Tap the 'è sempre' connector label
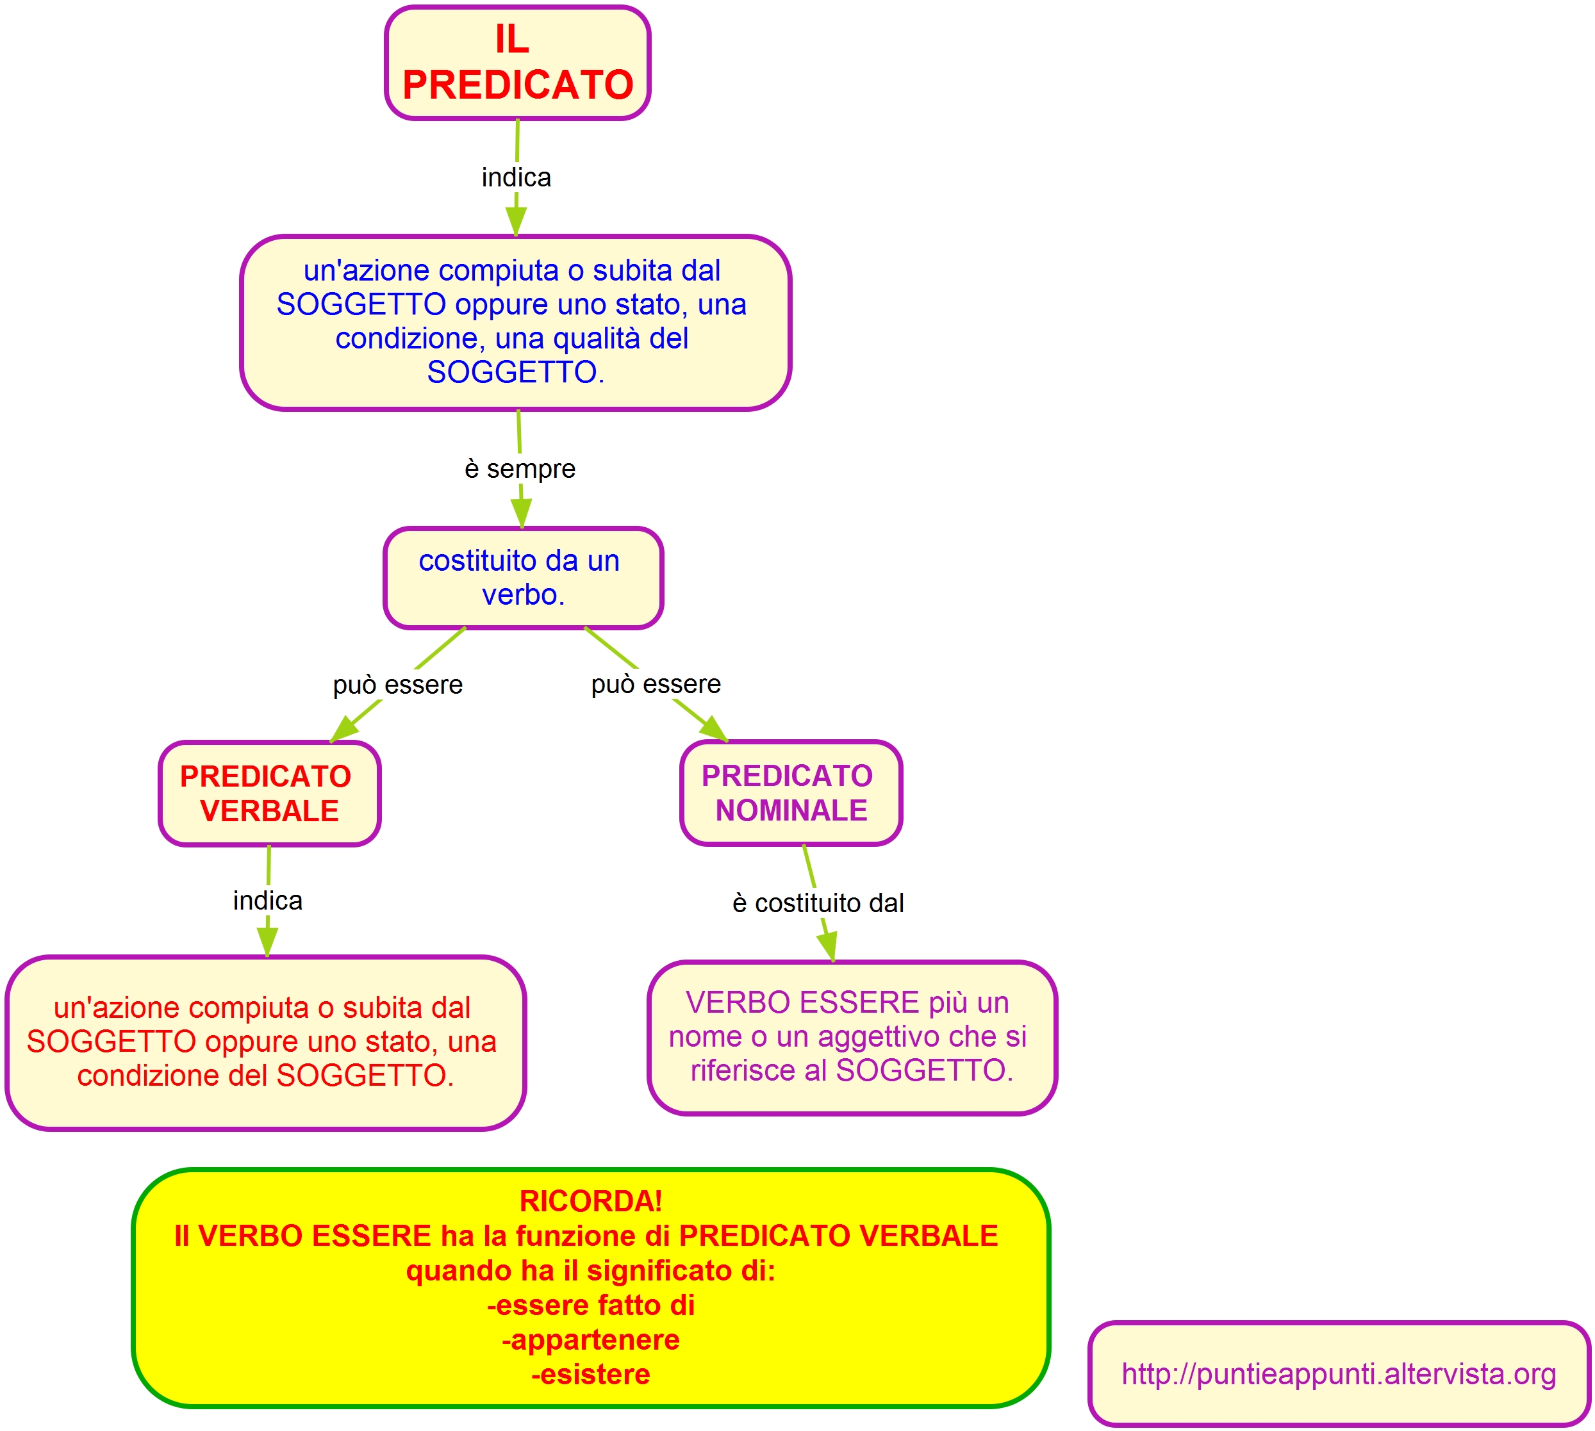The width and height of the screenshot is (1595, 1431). [520, 470]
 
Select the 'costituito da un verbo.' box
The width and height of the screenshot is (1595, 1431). [523, 578]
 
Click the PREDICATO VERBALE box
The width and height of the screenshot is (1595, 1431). [269, 794]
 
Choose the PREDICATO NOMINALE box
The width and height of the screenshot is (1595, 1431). [790, 792]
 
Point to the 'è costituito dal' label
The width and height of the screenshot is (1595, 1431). [817, 903]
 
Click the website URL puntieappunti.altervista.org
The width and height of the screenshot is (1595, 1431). [1339, 1373]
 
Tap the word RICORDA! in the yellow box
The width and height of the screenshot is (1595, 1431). [591, 1200]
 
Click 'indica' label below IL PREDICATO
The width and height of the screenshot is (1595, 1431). [516, 177]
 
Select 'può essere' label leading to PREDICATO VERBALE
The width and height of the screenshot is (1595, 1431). [397, 685]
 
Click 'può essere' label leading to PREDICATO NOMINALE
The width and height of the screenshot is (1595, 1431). [656, 684]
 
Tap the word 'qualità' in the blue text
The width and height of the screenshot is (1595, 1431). [592, 339]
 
